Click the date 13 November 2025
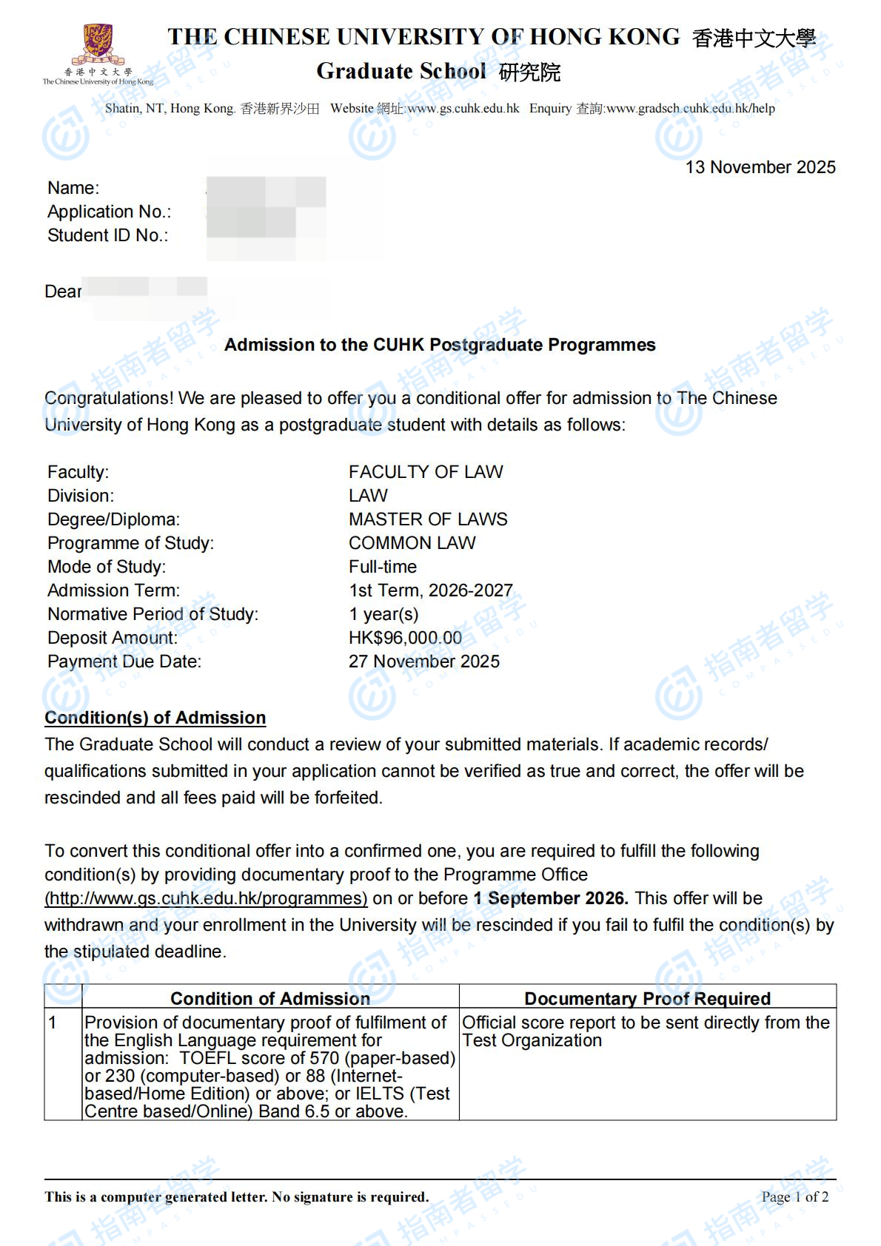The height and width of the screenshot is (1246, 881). tap(760, 167)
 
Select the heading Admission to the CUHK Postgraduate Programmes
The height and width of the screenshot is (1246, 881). tap(440, 345)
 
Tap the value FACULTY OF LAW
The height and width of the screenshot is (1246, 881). tap(426, 472)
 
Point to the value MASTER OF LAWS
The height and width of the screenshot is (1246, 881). tap(428, 519)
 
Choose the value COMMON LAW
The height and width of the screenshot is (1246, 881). tap(412, 543)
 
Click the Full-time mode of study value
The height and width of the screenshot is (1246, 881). tap(383, 567)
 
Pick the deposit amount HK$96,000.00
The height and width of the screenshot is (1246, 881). tap(405, 638)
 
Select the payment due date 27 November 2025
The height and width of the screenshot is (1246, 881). tap(423, 661)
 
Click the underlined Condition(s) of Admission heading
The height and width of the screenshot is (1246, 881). tap(155, 718)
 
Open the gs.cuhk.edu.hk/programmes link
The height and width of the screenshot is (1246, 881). tap(206, 898)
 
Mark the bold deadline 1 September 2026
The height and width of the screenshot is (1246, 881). tap(551, 898)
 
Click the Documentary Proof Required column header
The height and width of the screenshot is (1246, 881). tap(647, 999)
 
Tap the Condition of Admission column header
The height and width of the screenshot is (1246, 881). tap(270, 999)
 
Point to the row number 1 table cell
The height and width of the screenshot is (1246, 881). tap(53, 1023)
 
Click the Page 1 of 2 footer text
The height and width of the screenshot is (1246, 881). tap(794, 1196)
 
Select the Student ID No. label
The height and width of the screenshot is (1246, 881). tap(108, 235)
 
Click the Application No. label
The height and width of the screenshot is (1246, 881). tap(110, 212)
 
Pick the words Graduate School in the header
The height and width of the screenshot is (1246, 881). tap(401, 71)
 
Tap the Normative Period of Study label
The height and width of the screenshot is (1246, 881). tap(153, 614)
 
